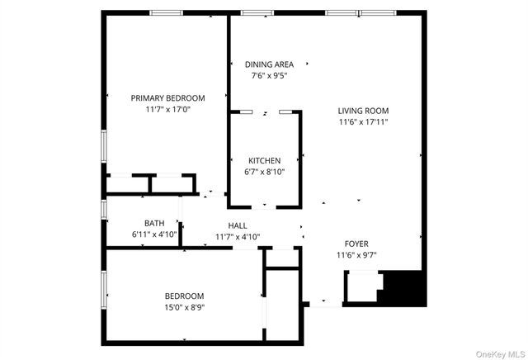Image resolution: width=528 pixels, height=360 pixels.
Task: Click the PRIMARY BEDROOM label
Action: tap(167, 97)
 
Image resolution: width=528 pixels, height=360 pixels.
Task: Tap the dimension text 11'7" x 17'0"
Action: tap(167, 109)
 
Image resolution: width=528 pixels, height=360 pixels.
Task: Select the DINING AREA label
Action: tap(269, 64)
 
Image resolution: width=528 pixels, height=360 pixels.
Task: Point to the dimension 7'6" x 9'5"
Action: tap(269, 75)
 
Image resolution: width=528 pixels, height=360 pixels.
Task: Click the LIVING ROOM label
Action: tap(363, 111)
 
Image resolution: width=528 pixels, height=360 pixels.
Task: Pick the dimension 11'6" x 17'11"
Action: tap(363, 121)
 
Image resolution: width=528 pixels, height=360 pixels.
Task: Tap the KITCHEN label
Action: tap(265, 160)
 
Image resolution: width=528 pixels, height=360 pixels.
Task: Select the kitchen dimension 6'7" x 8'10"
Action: tap(265, 172)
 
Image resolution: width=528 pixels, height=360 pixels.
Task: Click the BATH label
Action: tap(154, 223)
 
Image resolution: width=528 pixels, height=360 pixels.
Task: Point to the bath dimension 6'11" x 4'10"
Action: tap(154, 234)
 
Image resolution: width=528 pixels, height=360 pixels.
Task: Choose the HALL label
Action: tap(238, 225)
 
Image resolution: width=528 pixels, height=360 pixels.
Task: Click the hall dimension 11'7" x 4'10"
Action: tap(238, 237)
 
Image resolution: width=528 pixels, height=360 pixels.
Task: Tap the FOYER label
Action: tap(356, 244)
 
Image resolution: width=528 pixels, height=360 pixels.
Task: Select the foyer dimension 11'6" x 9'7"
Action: tap(356, 255)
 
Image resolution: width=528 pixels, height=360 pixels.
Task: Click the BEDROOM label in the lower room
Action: tap(184, 296)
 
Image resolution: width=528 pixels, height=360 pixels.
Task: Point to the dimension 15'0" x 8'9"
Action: tap(184, 307)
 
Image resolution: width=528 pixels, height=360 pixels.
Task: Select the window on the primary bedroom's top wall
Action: tap(166, 12)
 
